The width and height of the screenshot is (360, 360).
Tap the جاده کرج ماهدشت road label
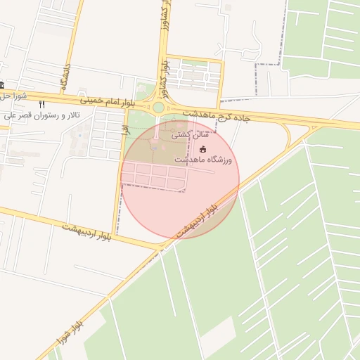(218, 115)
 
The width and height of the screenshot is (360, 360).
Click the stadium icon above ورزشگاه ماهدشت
(203, 149)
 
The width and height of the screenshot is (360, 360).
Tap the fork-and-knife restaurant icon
(41, 104)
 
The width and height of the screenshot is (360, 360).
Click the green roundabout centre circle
(159, 108)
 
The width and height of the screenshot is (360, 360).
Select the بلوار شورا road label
(70, 335)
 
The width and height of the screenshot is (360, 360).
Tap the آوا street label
(123, 131)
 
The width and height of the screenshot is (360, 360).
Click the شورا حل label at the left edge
(14, 96)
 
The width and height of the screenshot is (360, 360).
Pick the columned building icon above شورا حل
(2, 85)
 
